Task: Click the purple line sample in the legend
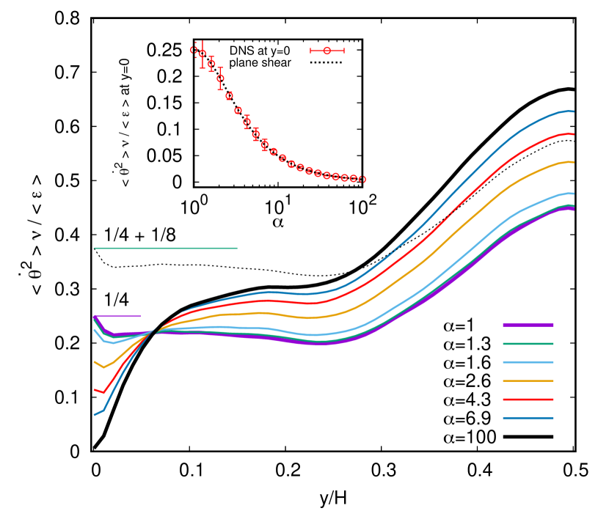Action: [x=528, y=324]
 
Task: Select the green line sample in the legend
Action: [x=528, y=343]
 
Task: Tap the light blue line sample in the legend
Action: [x=528, y=362]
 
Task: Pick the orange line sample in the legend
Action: [x=528, y=381]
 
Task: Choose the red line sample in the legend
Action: [x=528, y=400]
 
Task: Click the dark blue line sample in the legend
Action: [x=528, y=418]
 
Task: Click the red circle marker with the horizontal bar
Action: [x=327, y=51]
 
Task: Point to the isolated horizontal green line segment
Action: [x=166, y=248]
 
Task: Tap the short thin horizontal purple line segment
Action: [x=117, y=316]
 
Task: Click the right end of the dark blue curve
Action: [x=573, y=111]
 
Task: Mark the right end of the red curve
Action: [x=573, y=134]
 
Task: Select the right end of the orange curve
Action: [x=573, y=162]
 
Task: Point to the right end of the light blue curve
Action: [x=573, y=194]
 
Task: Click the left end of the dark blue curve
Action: [x=95, y=414]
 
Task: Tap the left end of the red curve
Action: [x=95, y=390]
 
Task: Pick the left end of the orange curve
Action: [x=95, y=361]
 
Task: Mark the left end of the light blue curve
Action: [x=95, y=330]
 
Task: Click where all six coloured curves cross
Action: [x=153, y=332]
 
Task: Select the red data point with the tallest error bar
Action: [x=203, y=54]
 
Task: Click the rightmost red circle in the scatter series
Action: [x=362, y=179]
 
